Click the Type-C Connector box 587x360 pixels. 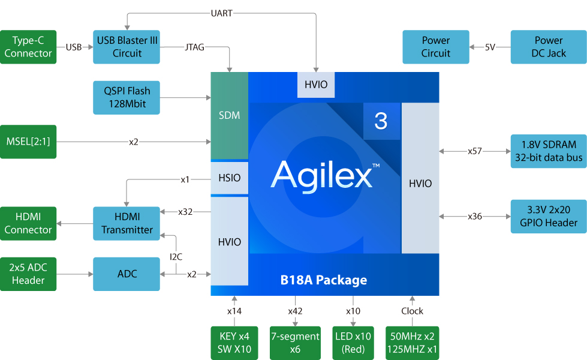[28, 47]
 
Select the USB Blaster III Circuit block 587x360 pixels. [127, 47]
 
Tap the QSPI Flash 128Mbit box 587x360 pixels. [127, 97]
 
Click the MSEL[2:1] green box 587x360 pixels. [28, 142]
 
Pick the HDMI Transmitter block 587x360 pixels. [127, 223]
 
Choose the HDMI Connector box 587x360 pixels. [28, 223]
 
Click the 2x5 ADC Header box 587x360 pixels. [28, 274]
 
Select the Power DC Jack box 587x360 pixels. [548, 47]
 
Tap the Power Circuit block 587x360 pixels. [435, 47]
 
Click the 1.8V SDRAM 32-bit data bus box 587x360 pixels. [548, 151]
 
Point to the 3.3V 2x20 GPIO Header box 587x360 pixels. [548, 216]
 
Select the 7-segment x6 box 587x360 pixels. [294, 343]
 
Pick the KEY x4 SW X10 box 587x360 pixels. [234, 343]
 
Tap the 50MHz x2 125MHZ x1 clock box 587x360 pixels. [412, 343]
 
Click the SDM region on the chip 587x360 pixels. [229, 115]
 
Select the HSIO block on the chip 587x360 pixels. [229, 178]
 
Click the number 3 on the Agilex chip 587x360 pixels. [381, 122]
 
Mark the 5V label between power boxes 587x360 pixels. [490, 47]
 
